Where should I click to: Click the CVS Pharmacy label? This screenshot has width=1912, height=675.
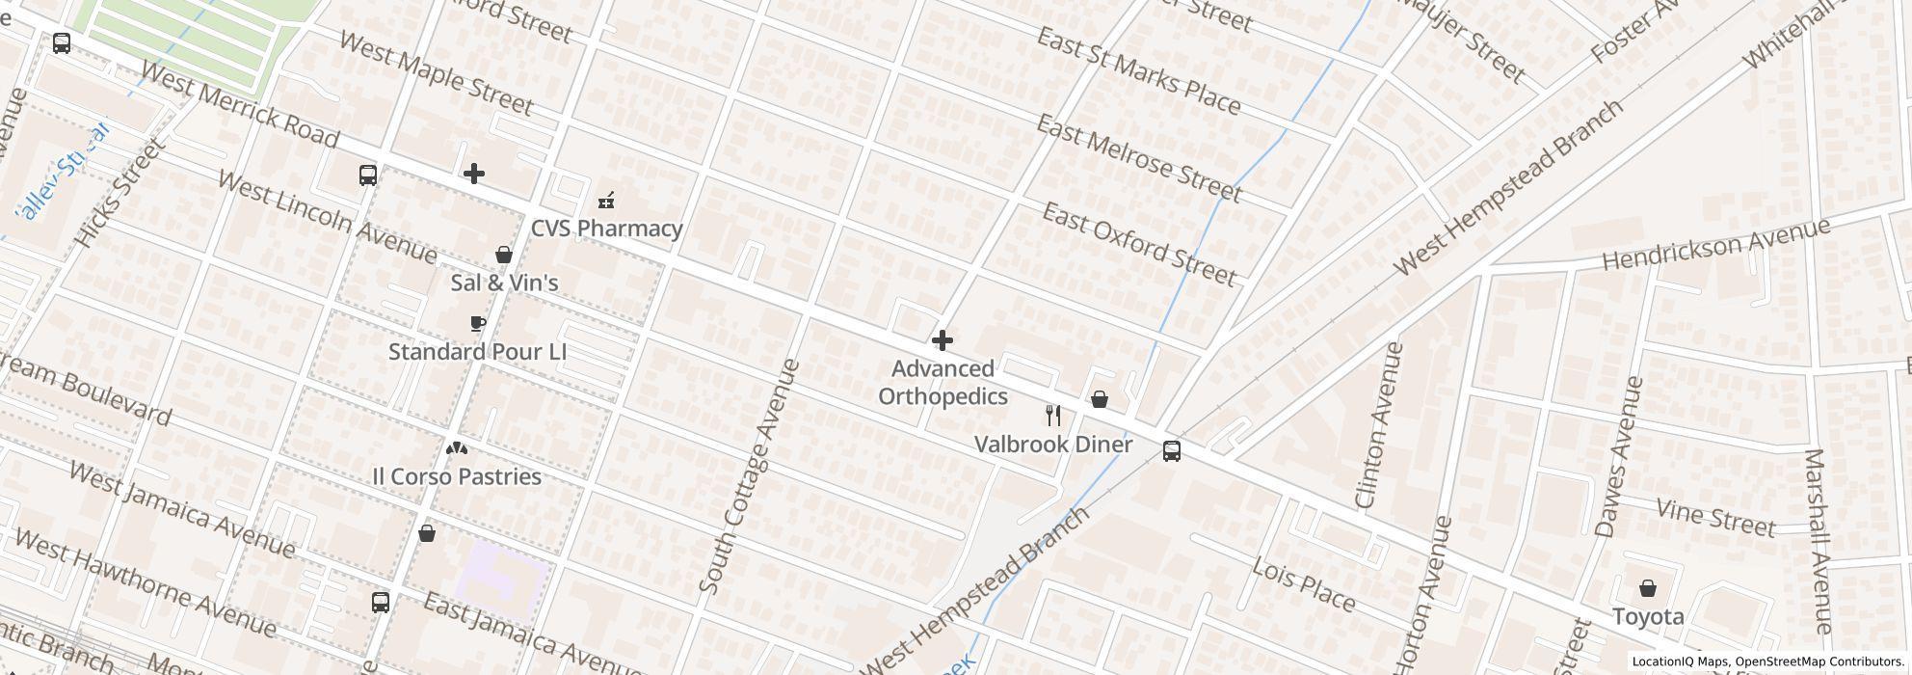pos(607,229)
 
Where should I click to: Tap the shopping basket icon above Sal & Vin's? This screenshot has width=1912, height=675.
pos(503,255)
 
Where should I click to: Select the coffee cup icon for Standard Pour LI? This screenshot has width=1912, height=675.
pos(478,324)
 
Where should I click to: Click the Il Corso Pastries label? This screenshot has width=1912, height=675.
pos(457,476)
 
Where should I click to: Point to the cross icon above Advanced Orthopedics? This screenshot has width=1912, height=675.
pos(943,340)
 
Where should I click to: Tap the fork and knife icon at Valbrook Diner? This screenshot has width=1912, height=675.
pos(1053,417)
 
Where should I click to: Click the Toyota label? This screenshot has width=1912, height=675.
pos(1648,617)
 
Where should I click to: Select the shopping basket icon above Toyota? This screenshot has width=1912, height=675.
pos(1648,588)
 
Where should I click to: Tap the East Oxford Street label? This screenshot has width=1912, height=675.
pos(1138,245)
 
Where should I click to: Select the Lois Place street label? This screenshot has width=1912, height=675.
pos(1304,584)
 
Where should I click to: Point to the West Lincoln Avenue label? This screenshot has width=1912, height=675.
pos(327,217)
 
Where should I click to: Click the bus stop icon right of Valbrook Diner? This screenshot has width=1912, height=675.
pos(1171,451)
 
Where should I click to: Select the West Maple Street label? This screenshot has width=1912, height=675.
pos(436,73)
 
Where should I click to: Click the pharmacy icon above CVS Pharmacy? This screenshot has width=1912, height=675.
pos(606,201)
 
